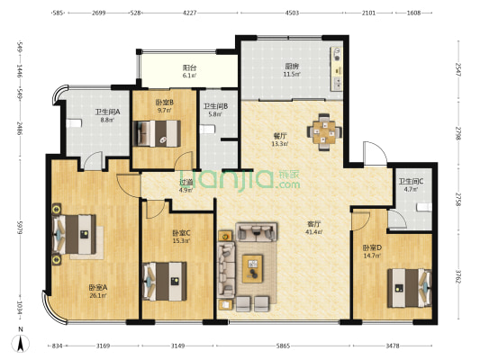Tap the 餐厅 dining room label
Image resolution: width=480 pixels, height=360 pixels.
tap(280, 137)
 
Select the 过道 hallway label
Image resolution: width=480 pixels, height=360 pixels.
tap(186, 183)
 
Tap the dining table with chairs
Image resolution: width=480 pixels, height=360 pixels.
tap(324, 130)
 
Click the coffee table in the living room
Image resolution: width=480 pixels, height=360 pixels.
tap(252, 265)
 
